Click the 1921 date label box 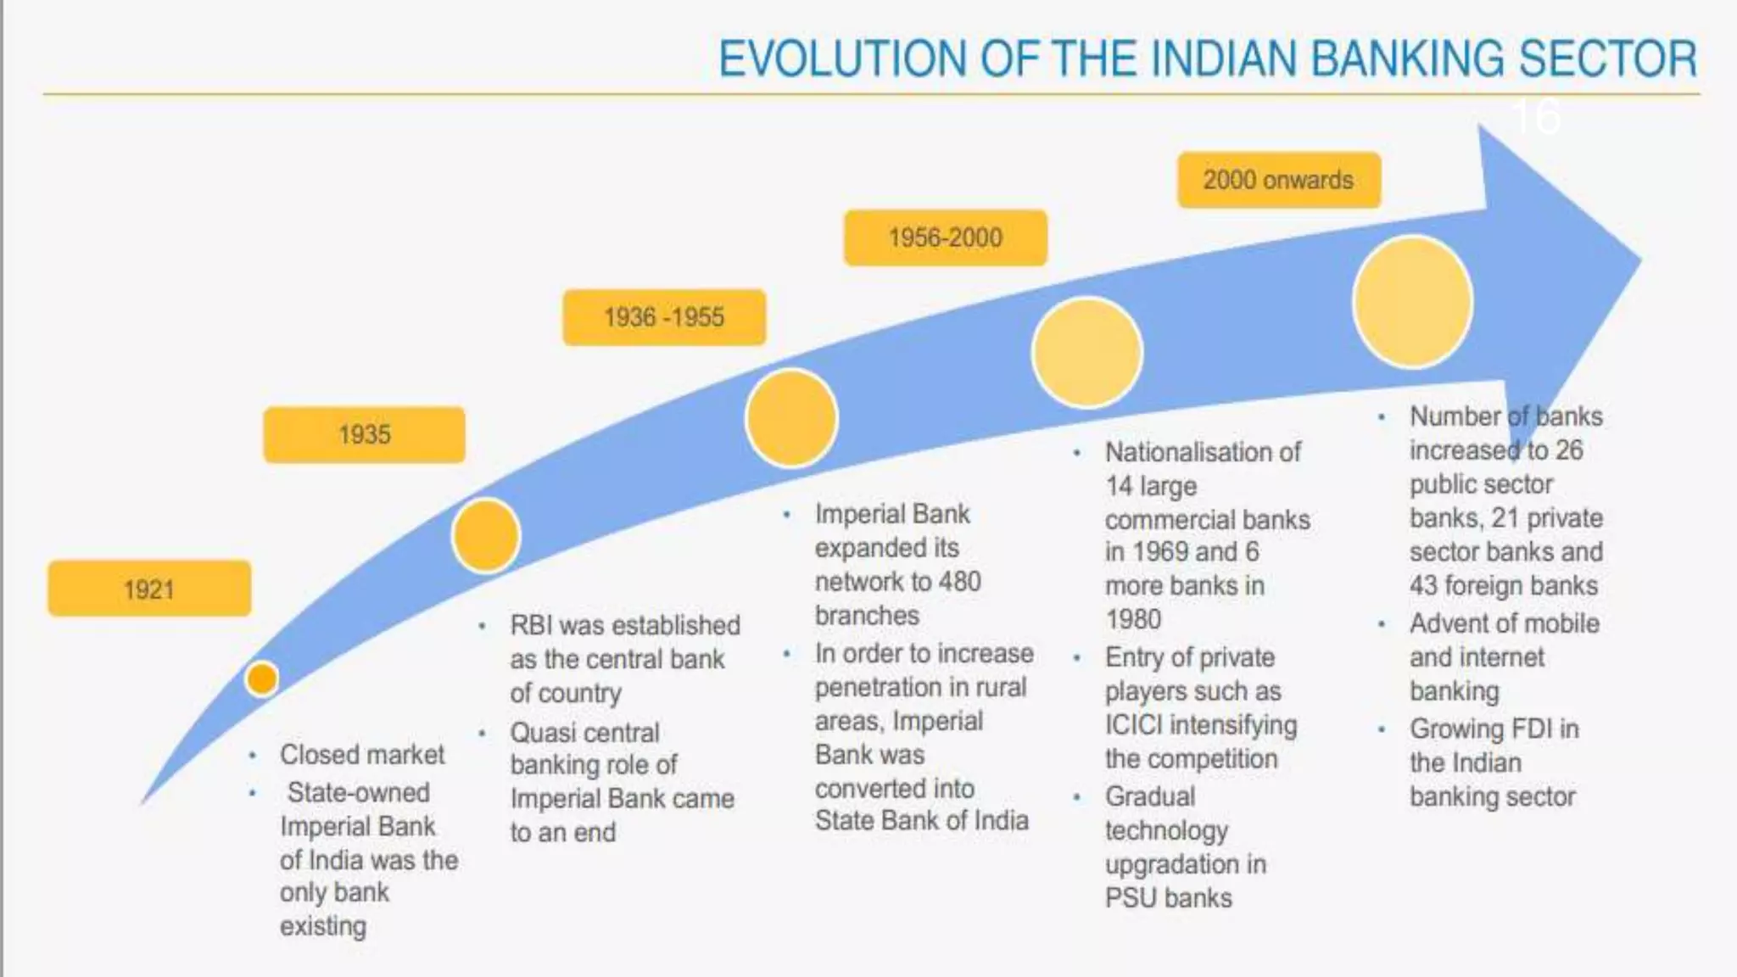pyautogui.click(x=149, y=589)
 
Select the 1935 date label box pyautogui.click(x=364, y=435)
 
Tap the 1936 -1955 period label pyautogui.click(x=664, y=317)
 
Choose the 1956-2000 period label pyautogui.click(x=945, y=237)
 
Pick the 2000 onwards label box pyautogui.click(x=1278, y=180)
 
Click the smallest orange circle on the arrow pyautogui.click(x=261, y=678)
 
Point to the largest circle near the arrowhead pyautogui.click(x=1412, y=302)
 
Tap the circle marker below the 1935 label pyautogui.click(x=485, y=536)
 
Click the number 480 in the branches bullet pyautogui.click(x=959, y=582)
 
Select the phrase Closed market pyautogui.click(x=362, y=754)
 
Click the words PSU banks pyautogui.click(x=1168, y=897)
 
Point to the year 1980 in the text pyautogui.click(x=1133, y=619)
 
